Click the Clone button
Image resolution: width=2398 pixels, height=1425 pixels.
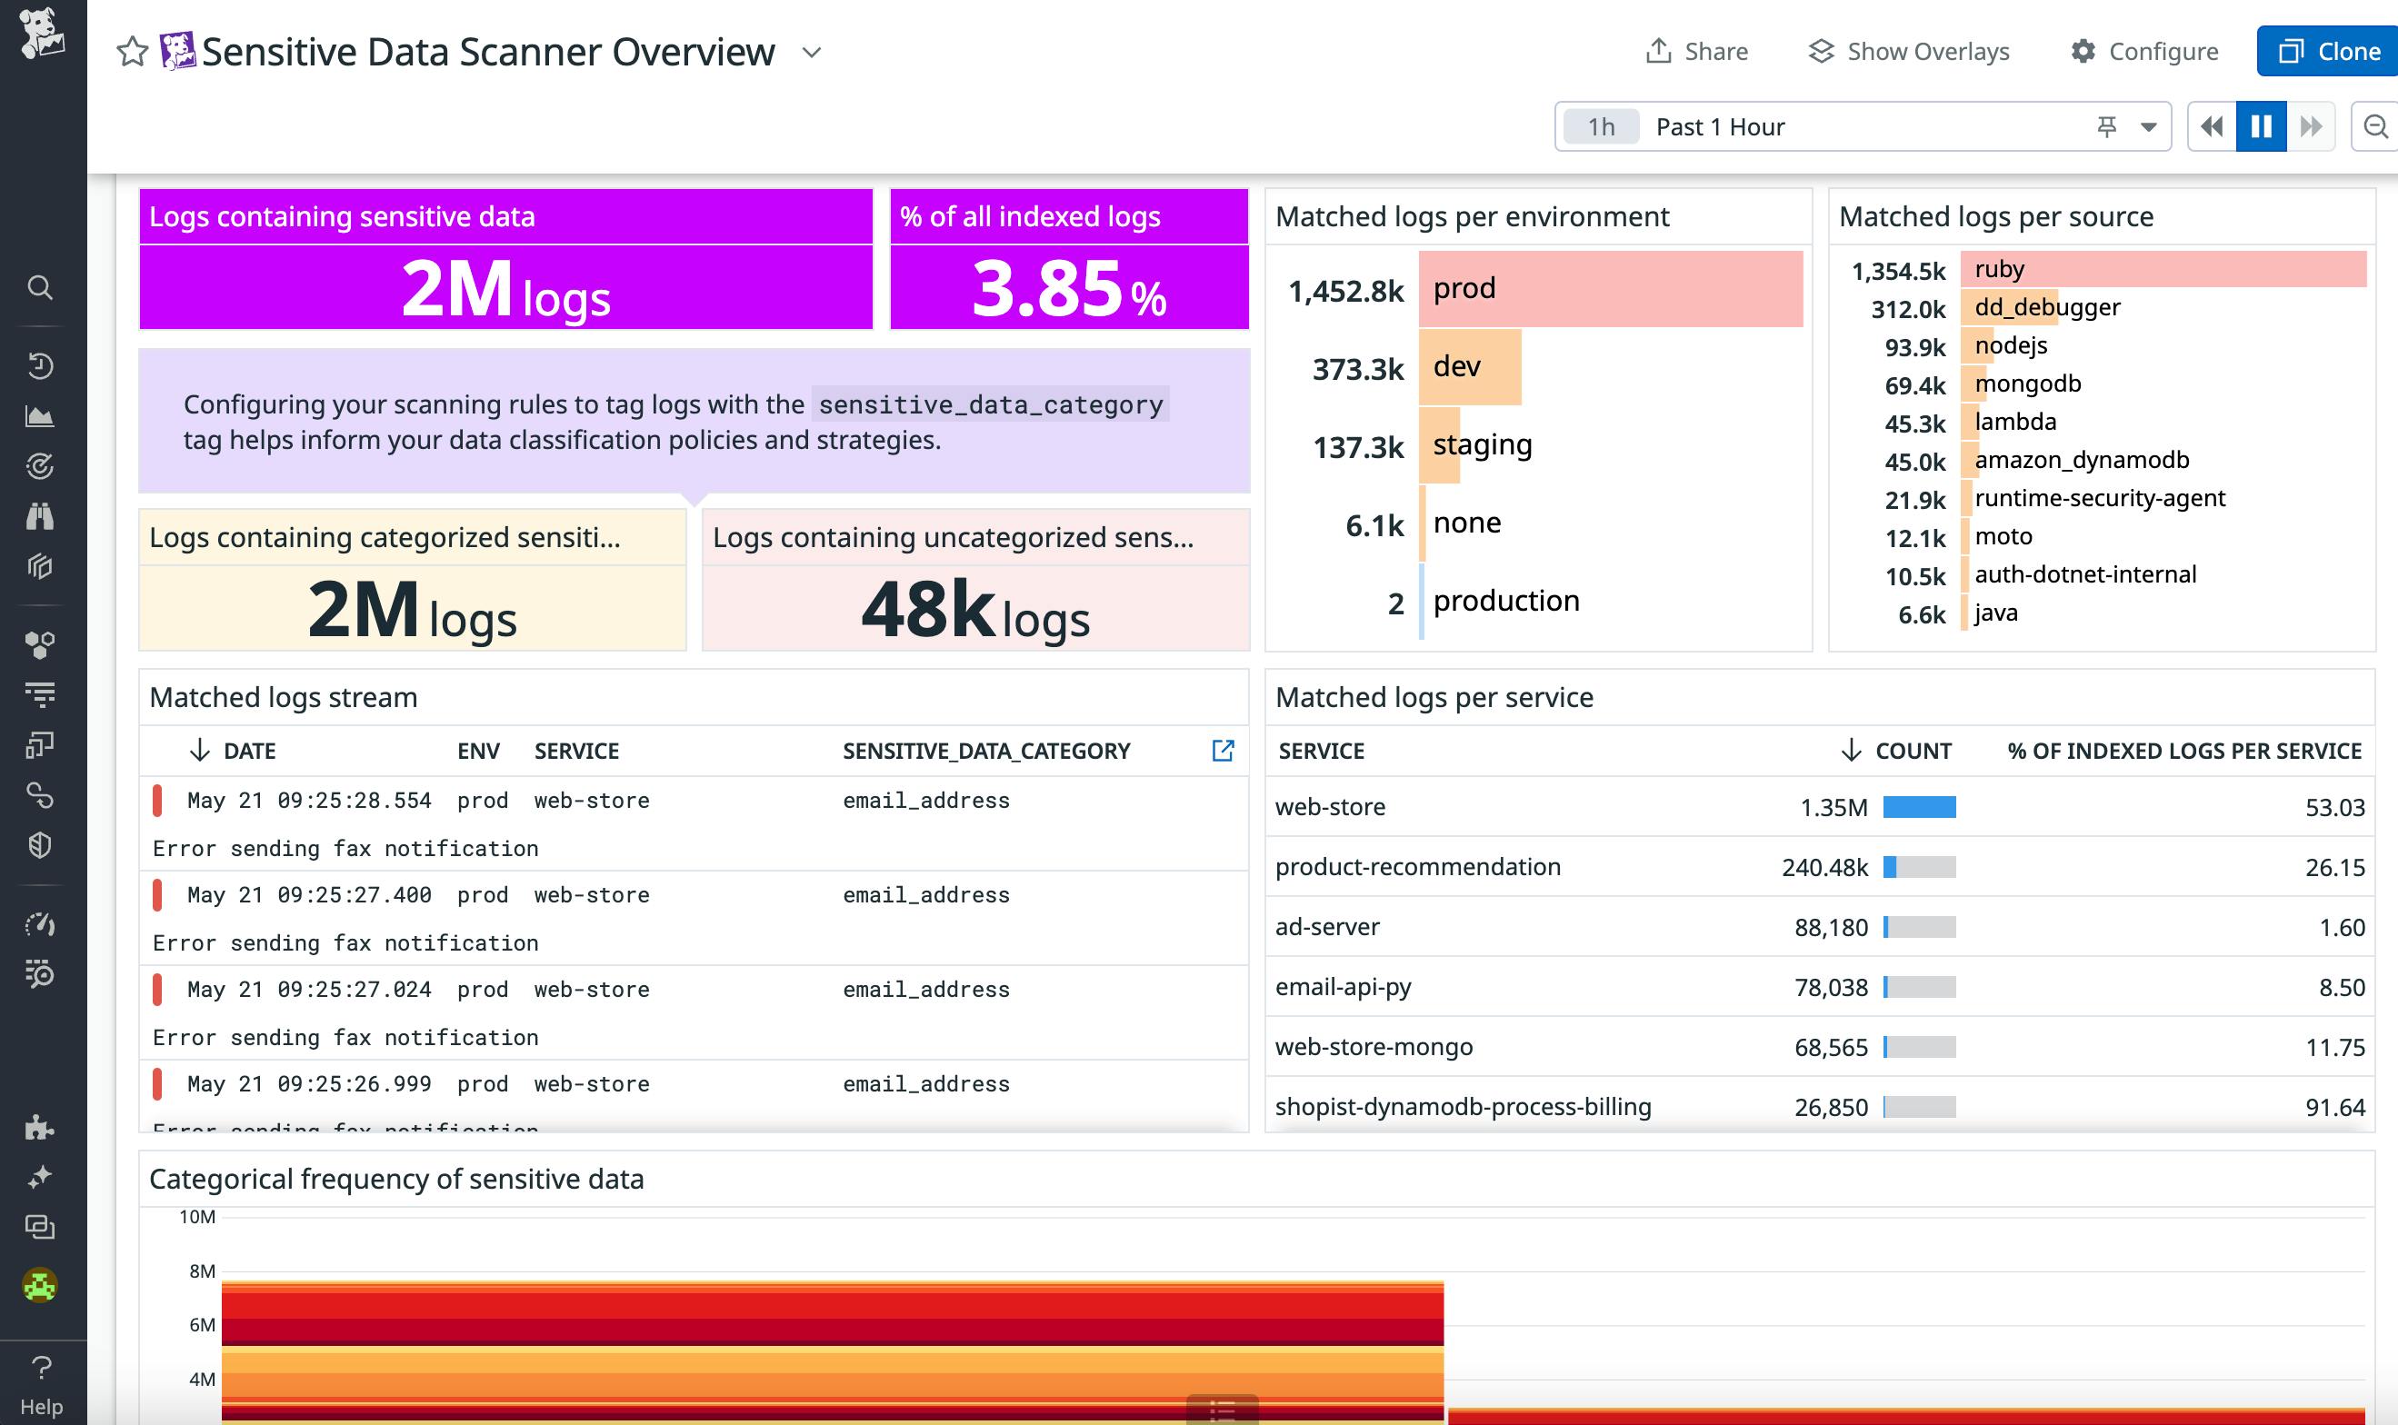click(2329, 51)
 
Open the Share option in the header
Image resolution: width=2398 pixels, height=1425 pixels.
click(1697, 51)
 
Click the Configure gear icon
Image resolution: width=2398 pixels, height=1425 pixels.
click(2082, 51)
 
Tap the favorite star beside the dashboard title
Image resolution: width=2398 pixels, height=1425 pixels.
click(133, 52)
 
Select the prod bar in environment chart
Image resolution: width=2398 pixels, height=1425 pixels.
click(1610, 289)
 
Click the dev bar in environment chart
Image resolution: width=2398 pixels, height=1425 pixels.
click(1469, 367)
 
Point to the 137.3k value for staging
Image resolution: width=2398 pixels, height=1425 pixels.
click(1358, 446)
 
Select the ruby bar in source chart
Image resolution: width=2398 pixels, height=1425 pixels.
click(2163, 269)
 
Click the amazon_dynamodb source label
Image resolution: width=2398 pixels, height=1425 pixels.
click(2081, 460)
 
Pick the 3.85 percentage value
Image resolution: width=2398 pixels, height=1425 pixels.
click(1047, 288)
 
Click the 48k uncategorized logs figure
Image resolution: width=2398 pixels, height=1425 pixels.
click(928, 610)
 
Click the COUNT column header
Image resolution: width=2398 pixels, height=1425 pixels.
click(1911, 751)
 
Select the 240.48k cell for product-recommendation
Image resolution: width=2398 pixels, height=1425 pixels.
click(1823, 867)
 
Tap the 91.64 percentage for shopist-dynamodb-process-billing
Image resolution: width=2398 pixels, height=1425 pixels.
click(2333, 1107)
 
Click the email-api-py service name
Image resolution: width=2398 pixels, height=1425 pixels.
click(1343, 987)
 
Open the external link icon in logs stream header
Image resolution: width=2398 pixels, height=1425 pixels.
click(1223, 750)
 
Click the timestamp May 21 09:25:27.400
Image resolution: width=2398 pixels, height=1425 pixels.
click(308, 895)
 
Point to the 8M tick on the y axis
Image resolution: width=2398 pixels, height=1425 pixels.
click(202, 1271)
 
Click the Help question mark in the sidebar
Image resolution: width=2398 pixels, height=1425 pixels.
click(41, 1368)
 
